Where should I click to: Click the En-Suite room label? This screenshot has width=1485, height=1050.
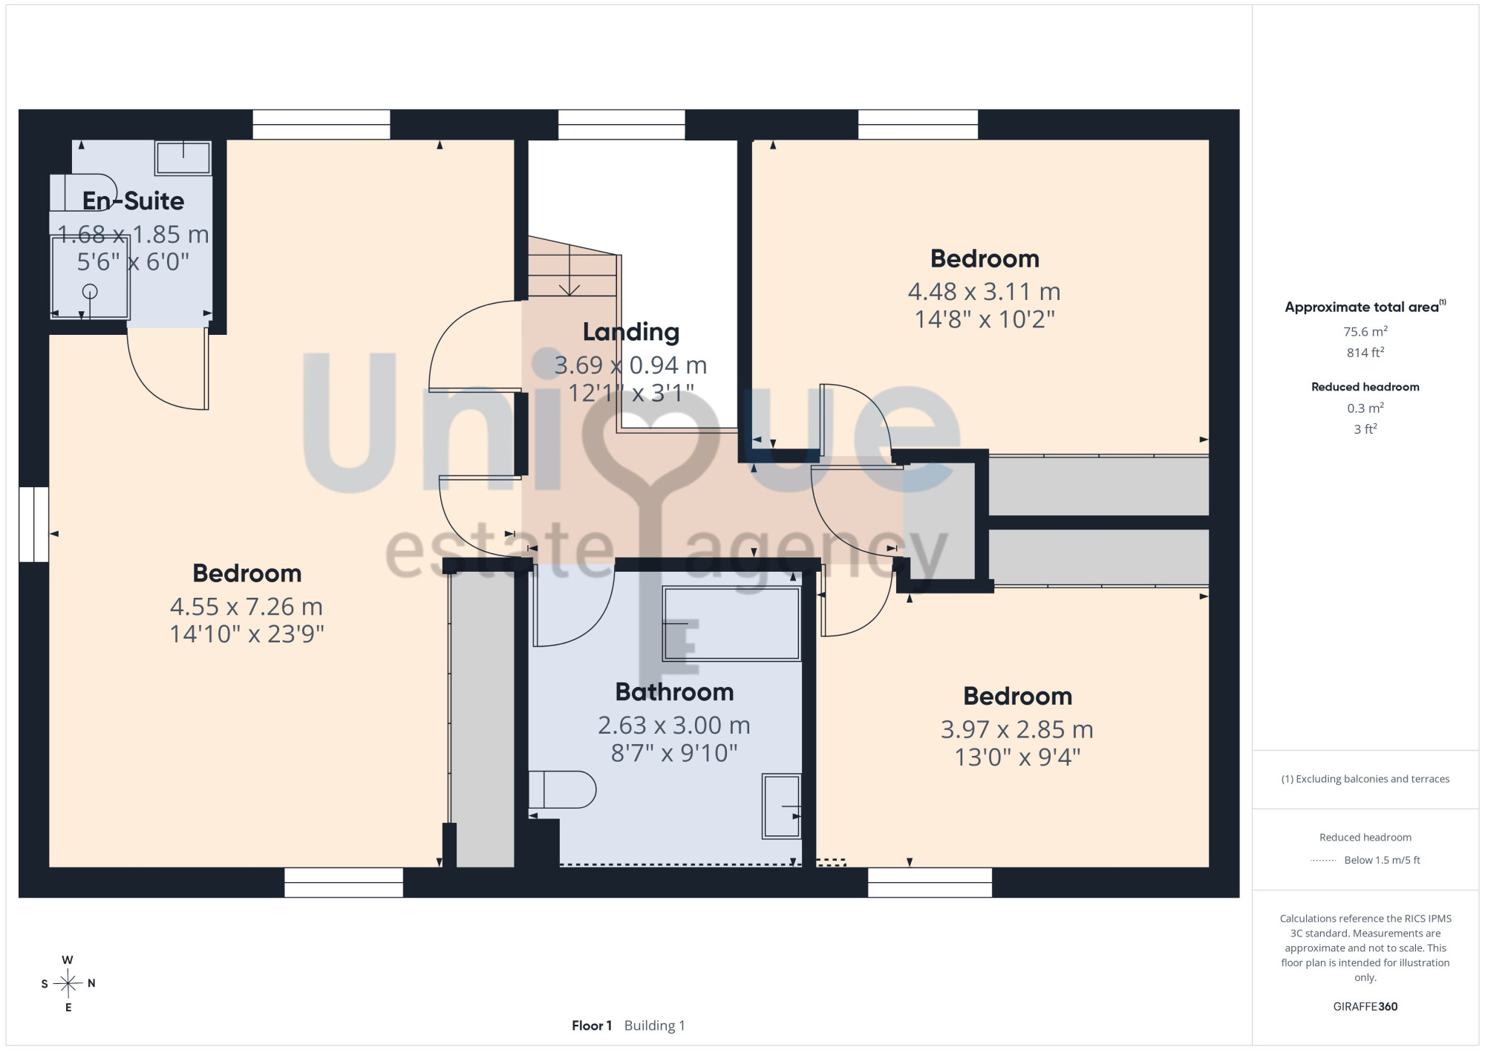(133, 200)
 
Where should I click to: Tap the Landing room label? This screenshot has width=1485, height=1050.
(631, 332)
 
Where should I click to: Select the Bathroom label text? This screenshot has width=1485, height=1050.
(674, 692)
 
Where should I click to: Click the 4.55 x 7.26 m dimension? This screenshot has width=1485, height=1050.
(247, 607)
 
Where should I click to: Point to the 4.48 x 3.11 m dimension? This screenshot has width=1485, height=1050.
(985, 291)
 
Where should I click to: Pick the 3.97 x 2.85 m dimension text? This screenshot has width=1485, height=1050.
(1017, 729)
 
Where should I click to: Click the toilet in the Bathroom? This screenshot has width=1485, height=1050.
(562, 789)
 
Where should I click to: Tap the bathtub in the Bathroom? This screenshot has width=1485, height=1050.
(731, 624)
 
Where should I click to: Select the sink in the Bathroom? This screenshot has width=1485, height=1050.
(782, 806)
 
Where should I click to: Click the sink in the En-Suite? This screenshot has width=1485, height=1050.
(183, 157)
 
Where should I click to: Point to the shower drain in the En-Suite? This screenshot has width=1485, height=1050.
(90, 291)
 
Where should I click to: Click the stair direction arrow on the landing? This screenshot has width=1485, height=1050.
(569, 270)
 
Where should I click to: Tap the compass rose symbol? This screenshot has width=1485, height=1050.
(68, 984)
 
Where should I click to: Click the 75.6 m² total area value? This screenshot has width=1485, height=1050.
(1365, 331)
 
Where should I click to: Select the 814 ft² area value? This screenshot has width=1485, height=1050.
(1365, 353)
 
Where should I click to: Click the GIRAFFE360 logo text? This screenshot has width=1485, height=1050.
(1365, 1007)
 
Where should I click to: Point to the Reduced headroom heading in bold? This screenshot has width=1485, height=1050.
(1365, 387)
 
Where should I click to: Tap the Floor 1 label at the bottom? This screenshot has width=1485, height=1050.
(592, 1025)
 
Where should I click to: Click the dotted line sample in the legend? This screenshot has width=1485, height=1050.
(1323, 861)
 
